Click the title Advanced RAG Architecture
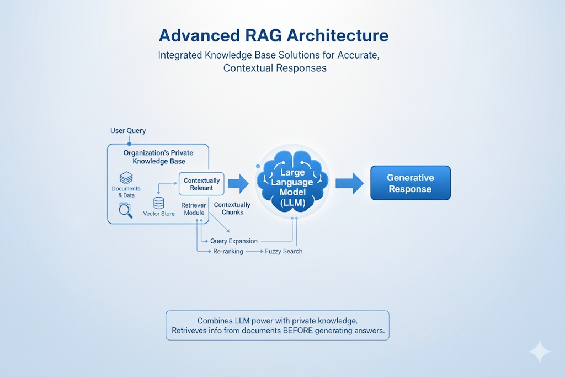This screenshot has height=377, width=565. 274,35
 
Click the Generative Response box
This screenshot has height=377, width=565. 410,183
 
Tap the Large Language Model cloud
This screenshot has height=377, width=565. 292,182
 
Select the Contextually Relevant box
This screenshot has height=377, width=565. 201,184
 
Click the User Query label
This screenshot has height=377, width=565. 129,131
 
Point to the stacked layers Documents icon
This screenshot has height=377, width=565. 126,178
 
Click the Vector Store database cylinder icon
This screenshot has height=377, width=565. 159,203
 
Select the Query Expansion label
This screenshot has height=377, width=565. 233,241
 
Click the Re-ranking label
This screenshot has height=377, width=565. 228,252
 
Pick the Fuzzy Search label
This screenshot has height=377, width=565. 284,252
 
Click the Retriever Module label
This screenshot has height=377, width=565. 194,209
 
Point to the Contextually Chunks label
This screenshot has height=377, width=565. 232,209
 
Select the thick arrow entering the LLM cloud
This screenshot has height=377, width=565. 238,183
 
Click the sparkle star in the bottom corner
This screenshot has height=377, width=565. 539,352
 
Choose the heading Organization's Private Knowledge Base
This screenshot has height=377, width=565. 158,157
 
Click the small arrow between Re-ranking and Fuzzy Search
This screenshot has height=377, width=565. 254,252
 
